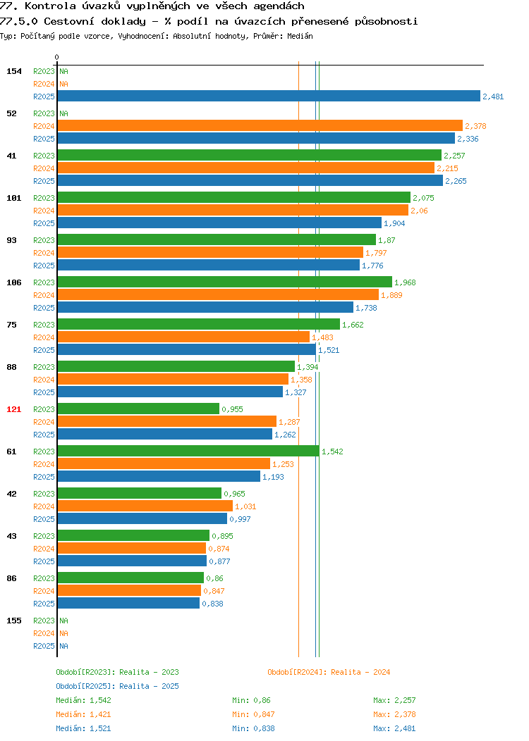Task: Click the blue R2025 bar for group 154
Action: [269, 96]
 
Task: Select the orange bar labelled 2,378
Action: [260, 125]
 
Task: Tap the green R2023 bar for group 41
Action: [250, 156]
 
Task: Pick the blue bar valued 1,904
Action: [219, 223]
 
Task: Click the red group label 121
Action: [13, 409]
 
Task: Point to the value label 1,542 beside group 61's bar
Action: [332, 452]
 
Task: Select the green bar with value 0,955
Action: [139, 409]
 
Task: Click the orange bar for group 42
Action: [145, 506]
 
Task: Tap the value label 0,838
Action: [212, 604]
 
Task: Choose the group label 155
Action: [13, 621]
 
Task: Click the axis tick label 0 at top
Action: [57, 57]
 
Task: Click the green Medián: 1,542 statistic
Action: [83, 700]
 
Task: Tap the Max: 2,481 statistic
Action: [394, 729]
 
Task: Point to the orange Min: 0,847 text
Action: [253, 714]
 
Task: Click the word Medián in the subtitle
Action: [300, 36]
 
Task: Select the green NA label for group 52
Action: [64, 113]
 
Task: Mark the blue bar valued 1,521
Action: [187, 349]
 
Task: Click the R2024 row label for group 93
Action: [44, 253]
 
